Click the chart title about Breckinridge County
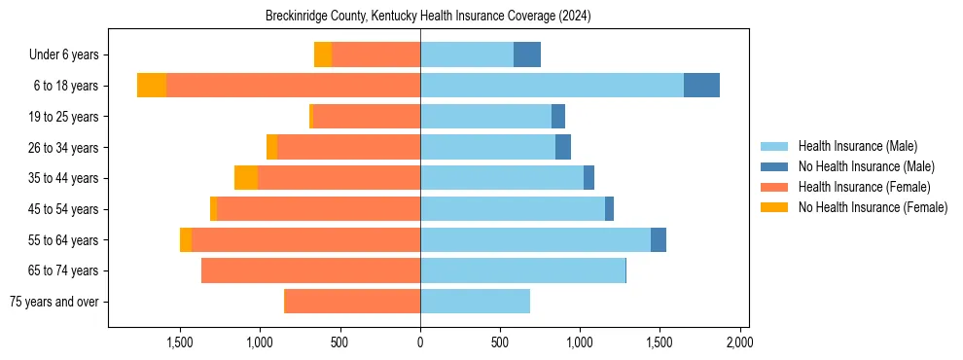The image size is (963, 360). coord(428,17)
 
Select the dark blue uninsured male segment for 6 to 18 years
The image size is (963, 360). coord(701,86)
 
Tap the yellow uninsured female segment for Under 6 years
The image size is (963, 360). coord(323,54)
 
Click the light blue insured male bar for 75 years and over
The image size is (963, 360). coord(475,302)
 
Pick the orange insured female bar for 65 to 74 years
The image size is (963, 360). coord(310,270)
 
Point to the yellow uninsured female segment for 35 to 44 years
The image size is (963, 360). coord(246,178)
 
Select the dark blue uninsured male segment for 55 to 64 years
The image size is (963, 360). coord(659,239)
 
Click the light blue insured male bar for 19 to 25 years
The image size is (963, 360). coord(485,117)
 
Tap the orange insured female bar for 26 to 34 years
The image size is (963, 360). coord(348,147)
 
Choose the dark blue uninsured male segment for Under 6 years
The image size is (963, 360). coord(527,54)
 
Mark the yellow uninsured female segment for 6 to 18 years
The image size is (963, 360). coord(152,86)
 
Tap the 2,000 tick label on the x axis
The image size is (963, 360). coord(739,342)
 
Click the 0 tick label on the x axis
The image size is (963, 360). coord(420,342)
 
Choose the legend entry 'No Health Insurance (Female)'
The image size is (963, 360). coord(873,207)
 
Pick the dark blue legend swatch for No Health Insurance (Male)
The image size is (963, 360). coord(774,166)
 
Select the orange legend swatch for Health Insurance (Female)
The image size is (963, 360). coord(774,187)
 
